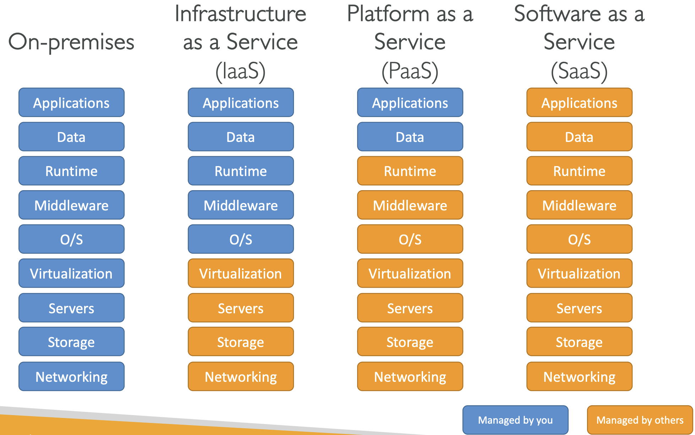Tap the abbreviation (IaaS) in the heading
click(x=241, y=71)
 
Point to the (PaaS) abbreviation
click(x=410, y=71)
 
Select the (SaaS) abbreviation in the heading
click(x=579, y=71)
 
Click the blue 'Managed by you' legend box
click(x=515, y=420)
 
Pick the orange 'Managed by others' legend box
click(x=640, y=420)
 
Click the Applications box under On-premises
click(x=71, y=103)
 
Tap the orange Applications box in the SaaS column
click(x=579, y=103)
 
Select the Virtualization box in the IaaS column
click(x=241, y=273)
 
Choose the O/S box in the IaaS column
click(x=241, y=239)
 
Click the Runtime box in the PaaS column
click(x=410, y=171)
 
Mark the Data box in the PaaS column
click(x=410, y=137)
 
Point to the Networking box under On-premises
click(x=71, y=376)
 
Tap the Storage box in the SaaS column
click(x=579, y=342)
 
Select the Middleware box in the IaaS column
click(x=241, y=205)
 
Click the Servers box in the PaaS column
click(x=410, y=308)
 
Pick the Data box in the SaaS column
click(x=579, y=137)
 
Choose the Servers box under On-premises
click(x=71, y=308)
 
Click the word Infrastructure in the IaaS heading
click(x=241, y=14)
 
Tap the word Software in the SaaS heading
click(x=557, y=14)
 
